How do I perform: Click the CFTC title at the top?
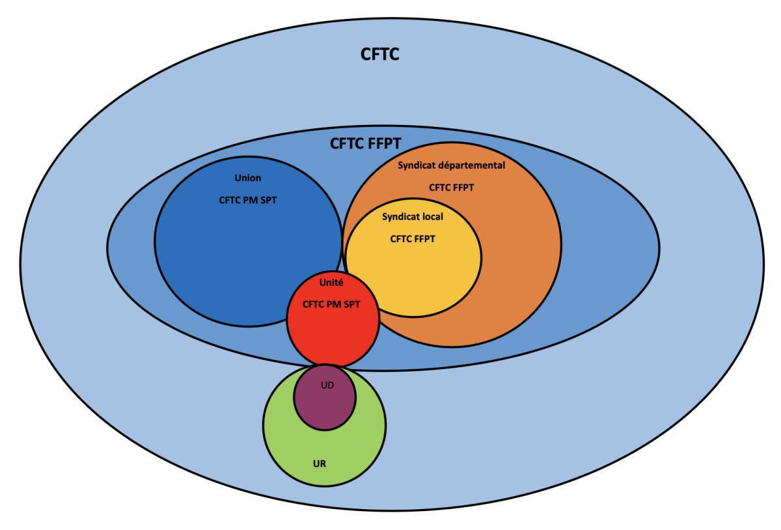(x=379, y=55)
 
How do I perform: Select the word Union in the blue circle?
(x=247, y=177)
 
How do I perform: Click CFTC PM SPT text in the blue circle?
(x=247, y=200)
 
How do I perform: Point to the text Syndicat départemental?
(x=451, y=165)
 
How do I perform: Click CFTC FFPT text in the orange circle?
(x=451, y=188)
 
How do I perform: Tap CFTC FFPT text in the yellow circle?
(x=412, y=239)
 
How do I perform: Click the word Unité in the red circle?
(x=332, y=284)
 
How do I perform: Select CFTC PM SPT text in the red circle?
(x=332, y=303)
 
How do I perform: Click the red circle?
(x=333, y=332)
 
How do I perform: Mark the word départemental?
(x=474, y=165)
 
